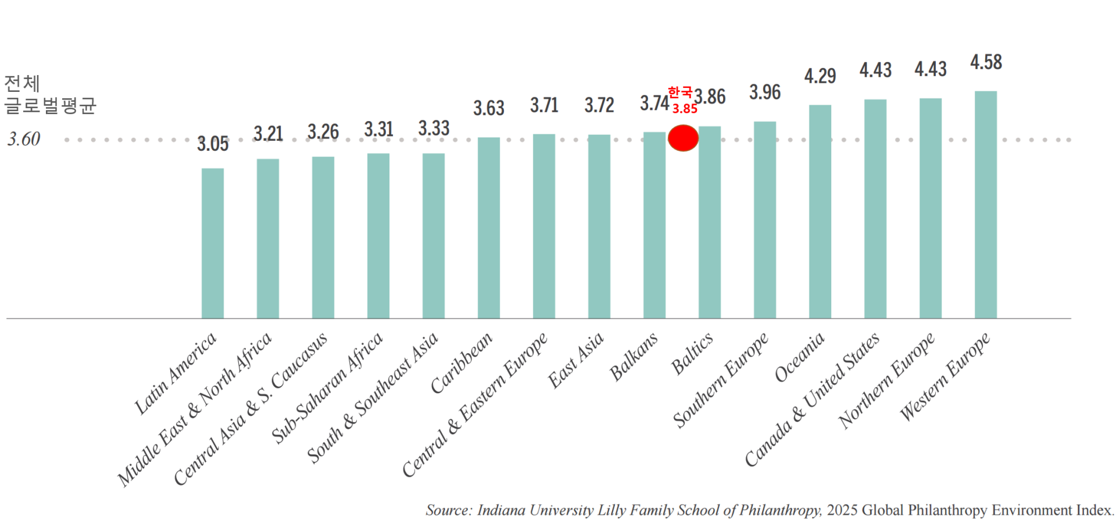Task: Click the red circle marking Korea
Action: [x=683, y=138]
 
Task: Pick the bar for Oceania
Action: [x=820, y=212]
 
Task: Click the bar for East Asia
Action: [x=599, y=227]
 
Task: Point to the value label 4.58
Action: [x=986, y=62]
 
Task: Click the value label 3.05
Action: [x=213, y=144]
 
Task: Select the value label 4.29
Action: [x=820, y=76]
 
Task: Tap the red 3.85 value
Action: [x=685, y=109]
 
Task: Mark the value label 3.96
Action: [x=764, y=92]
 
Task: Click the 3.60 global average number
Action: [x=24, y=139]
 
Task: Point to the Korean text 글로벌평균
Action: [x=50, y=106]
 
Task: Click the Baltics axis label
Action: [x=692, y=353]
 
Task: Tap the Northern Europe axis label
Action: [x=886, y=380]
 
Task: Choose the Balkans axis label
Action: [x=634, y=356]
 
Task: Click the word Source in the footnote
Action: [x=447, y=510]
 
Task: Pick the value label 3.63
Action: [x=488, y=108]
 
